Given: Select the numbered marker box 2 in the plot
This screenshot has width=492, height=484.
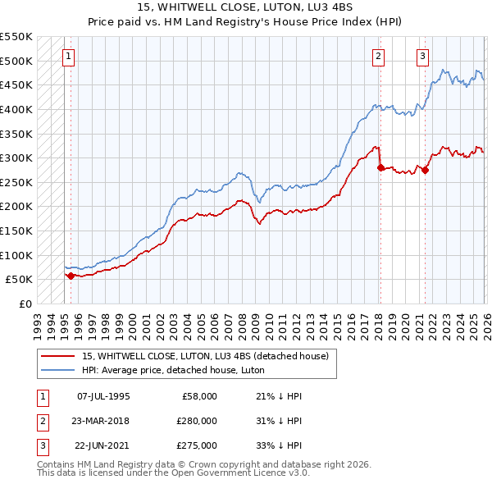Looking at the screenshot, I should click(x=378, y=57).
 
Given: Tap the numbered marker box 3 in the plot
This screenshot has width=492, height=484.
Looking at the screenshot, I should click(x=422, y=57).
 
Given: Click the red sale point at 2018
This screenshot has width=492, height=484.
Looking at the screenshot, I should click(x=380, y=167).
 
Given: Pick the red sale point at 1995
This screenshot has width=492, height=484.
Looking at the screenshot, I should click(x=71, y=276).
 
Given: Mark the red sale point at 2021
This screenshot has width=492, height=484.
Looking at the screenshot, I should click(x=425, y=170).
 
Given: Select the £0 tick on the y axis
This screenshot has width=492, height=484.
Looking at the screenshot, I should click(x=25, y=304).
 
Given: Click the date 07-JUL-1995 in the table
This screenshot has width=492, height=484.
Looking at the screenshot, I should click(x=102, y=396).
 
